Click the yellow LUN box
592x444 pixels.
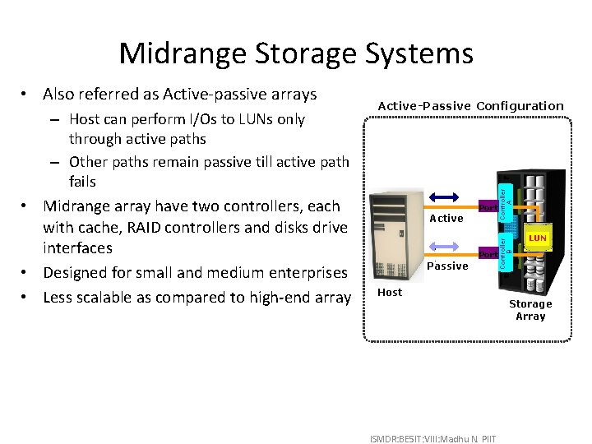pos(537,238)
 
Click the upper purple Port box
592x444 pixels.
pos(488,208)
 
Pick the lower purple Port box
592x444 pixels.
pos(488,255)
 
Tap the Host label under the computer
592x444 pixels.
pos(390,293)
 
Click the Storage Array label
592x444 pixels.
pos(530,310)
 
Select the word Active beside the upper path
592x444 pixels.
pos(447,219)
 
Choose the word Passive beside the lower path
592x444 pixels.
pos(448,266)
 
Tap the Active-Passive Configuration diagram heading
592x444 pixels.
pos(470,106)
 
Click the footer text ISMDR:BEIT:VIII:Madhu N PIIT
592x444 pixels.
pos(433,436)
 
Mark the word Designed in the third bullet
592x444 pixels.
pos(76,272)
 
